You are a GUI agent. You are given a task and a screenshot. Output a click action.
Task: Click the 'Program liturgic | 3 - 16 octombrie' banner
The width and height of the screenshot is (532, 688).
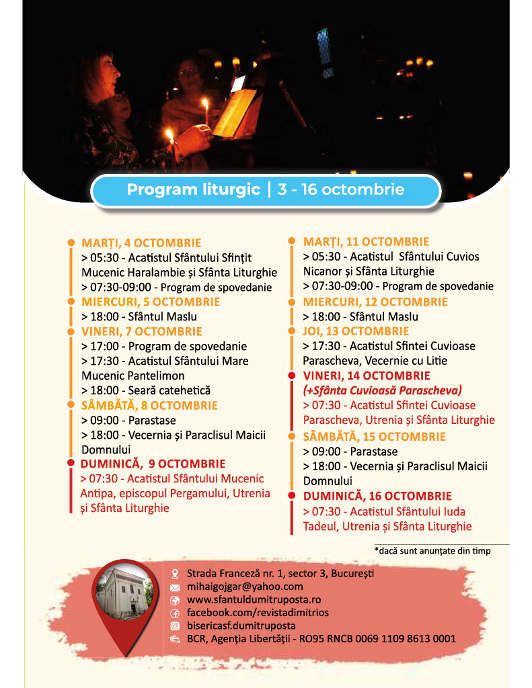[266, 190]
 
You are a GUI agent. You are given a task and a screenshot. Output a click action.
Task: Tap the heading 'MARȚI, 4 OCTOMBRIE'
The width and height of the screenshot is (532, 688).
[141, 243]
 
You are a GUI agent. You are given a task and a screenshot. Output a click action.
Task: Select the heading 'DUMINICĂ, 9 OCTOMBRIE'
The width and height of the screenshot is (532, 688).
[153, 464]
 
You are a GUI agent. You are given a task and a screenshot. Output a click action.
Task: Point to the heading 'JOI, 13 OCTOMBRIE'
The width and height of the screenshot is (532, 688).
[356, 331]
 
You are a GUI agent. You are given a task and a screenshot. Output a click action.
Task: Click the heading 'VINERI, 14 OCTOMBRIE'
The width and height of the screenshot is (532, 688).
[367, 376]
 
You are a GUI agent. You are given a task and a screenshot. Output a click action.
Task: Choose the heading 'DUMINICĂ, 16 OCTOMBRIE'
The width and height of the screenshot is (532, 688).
[377, 496]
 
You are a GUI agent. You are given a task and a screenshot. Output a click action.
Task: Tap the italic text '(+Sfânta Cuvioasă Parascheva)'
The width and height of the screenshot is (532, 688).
[382, 390]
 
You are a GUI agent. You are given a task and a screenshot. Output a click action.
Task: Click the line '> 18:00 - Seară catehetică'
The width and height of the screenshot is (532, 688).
[146, 390]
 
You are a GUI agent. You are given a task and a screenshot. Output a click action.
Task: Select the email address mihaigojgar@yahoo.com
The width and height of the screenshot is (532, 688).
[245, 587]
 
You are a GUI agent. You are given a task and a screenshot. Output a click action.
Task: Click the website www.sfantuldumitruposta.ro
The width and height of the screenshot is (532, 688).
[254, 599]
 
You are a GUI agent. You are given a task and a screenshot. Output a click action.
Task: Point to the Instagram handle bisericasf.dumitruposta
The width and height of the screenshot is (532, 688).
[241, 626]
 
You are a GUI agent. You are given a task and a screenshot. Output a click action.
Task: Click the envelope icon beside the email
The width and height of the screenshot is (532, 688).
[175, 587]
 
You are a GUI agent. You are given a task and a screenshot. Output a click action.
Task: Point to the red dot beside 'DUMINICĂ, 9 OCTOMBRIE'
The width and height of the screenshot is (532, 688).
[71, 463]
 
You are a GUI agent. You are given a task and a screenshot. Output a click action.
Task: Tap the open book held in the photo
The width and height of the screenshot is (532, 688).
[235, 111]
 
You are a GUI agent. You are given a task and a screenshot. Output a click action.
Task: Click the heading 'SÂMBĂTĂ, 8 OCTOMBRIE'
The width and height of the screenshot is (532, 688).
[149, 405]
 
